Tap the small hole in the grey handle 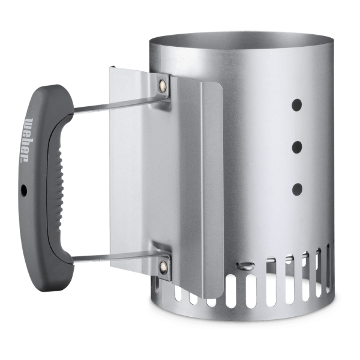(x=23, y=190)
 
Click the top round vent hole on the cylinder (x=296, y=105)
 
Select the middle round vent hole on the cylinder (x=296, y=148)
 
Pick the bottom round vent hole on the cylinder (x=297, y=190)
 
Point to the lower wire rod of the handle (x=119, y=256)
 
